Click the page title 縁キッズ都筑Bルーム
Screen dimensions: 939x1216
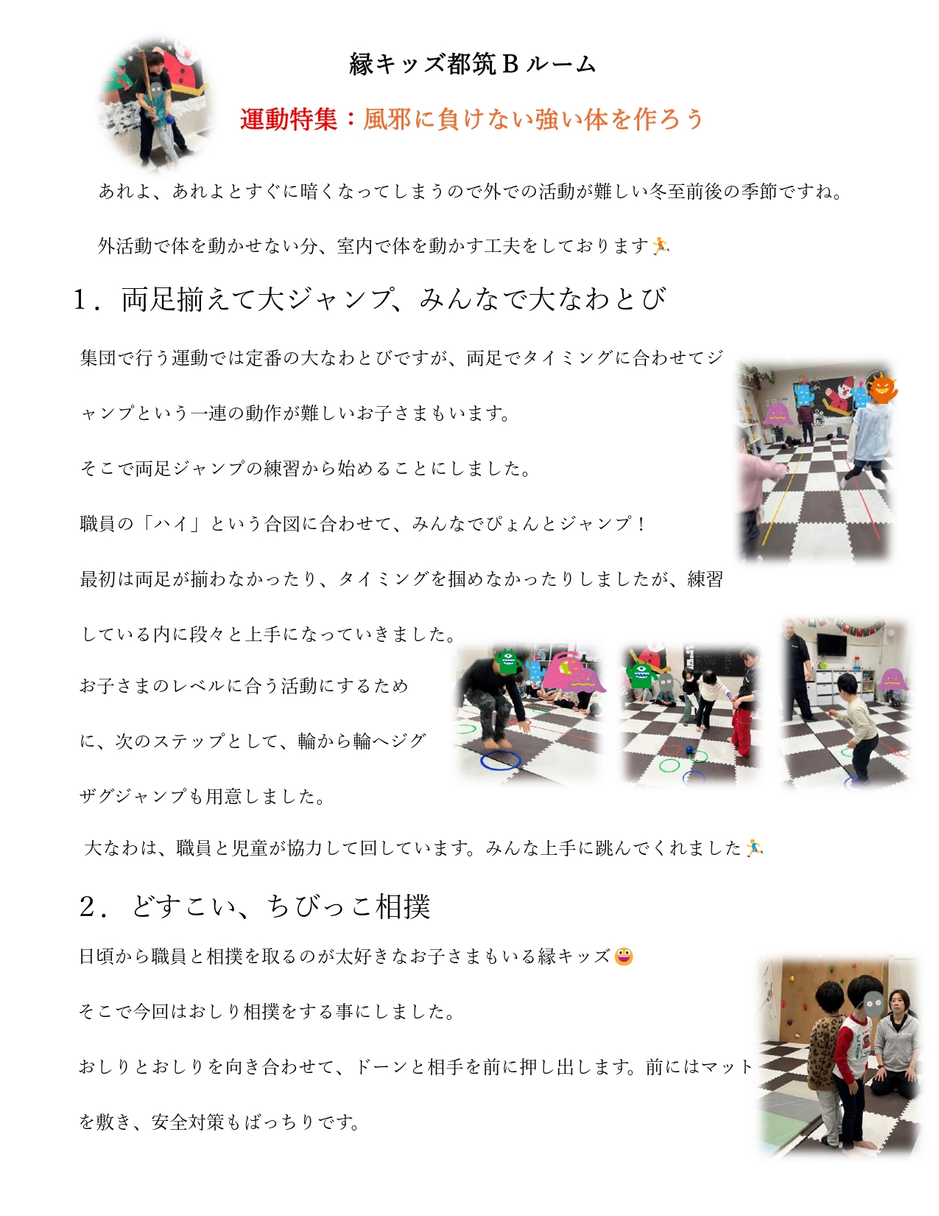(473, 64)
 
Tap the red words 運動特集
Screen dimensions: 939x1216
(289, 119)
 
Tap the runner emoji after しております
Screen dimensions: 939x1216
(661, 245)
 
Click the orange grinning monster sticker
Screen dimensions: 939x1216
(883, 388)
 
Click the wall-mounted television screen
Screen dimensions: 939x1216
(831, 645)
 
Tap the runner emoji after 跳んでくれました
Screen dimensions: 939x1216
(754, 848)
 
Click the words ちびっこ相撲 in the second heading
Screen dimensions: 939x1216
(348, 906)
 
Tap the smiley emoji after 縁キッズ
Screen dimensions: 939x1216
(624, 957)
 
